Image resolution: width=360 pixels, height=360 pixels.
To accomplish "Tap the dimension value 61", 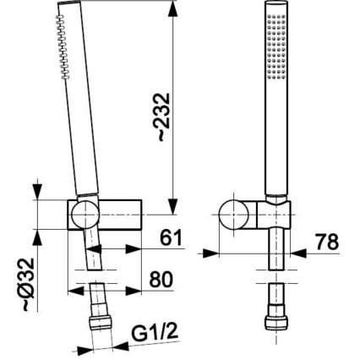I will [x=172, y=238].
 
